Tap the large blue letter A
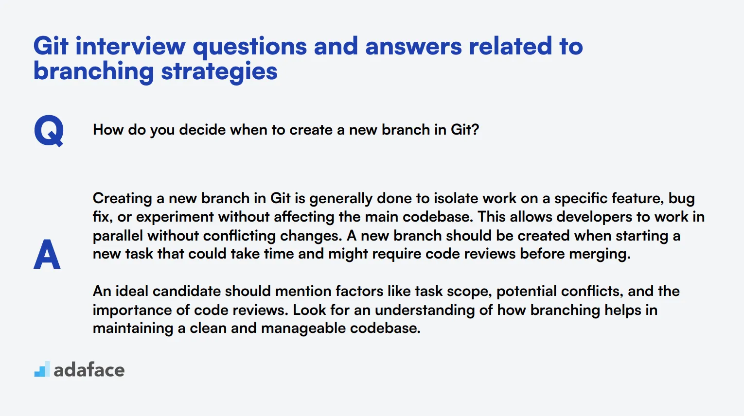tap(47, 254)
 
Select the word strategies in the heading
tap(219, 72)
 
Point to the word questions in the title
tap(250, 47)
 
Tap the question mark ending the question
tap(476, 129)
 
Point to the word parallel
tap(118, 236)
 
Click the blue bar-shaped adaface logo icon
tap(42, 369)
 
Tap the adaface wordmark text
tap(89, 370)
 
